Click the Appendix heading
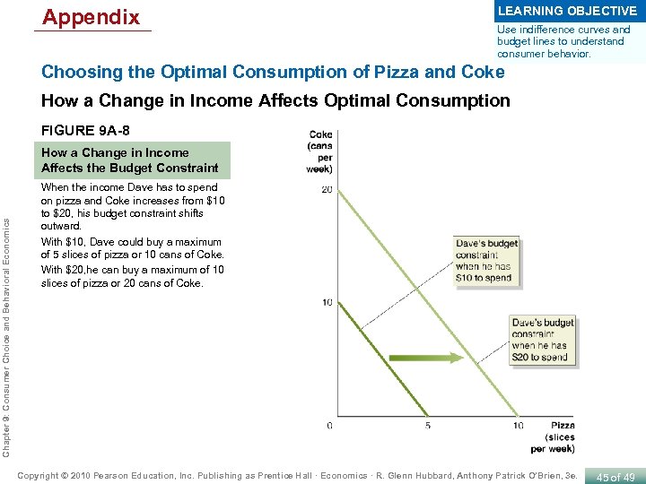click(91, 17)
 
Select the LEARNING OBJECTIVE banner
click(567, 11)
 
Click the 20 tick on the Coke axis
click(326, 188)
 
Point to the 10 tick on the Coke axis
click(326, 303)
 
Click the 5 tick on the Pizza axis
click(427, 425)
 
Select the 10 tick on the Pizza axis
click(518, 425)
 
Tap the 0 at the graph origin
click(329, 425)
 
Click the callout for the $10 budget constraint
click(487, 260)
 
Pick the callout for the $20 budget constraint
click(543, 340)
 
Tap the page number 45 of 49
click(615, 477)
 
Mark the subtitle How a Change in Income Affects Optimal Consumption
click(275, 101)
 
